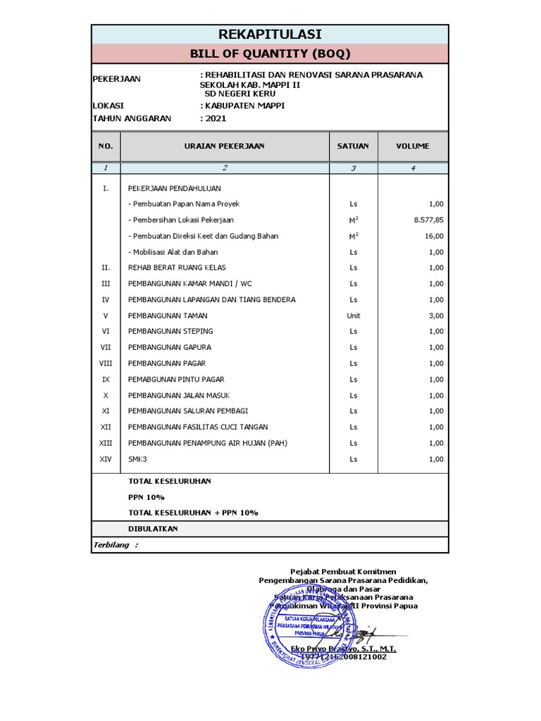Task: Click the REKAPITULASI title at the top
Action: click(x=270, y=34)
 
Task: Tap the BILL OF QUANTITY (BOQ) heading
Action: click(x=270, y=54)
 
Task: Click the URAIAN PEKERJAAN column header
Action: click(x=224, y=146)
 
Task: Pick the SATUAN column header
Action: click(x=353, y=146)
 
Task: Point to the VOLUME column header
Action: click(x=412, y=146)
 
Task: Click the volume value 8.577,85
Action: click(x=429, y=220)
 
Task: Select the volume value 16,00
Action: click(x=434, y=236)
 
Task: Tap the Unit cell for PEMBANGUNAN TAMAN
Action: click(x=353, y=315)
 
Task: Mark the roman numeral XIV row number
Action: click(x=106, y=459)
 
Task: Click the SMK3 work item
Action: click(x=137, y=459)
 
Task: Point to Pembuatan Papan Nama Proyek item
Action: click(x=184, y=203)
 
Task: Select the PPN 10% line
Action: click(x=146, y=496)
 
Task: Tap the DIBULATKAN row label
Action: click(x=153, y=528)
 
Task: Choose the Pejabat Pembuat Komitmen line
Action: click(x=344, y=571)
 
